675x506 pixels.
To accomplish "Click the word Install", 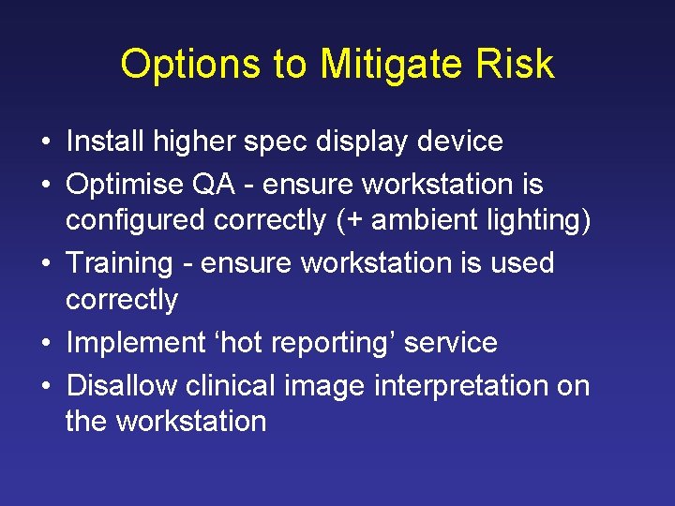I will (104, 141).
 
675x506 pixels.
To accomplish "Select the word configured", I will (136, 221).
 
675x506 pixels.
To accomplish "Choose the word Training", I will (120, 263).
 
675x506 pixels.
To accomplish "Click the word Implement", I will (135, 343).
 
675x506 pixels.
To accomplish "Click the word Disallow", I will (121, 385).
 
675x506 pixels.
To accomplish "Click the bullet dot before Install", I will (45, 143).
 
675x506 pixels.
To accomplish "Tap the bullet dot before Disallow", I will (45, 387).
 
